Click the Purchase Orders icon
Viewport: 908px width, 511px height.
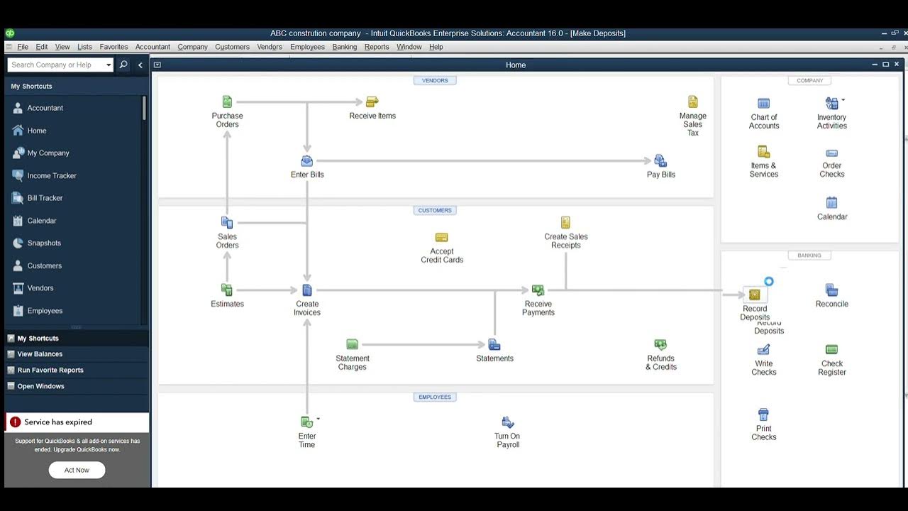(x=227, y=102)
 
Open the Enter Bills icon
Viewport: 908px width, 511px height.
(x=307, y=161)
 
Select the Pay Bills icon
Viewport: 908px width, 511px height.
(x=660, y=161)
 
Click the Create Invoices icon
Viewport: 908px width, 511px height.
(x=307, y=290)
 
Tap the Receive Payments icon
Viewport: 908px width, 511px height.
(x=538, y=290)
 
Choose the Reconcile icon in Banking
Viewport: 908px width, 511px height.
(x=831, y=290)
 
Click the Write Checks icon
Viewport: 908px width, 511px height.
(x=763, y=350)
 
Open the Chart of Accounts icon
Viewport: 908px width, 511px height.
(x=763, y=104)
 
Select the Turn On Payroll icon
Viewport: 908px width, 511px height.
(x=508, y=422)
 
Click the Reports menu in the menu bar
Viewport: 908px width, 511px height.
(x=377, y=47)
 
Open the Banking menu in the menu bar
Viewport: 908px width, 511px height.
(x=345, y=47)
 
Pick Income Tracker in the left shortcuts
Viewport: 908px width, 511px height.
(x=51, y=175)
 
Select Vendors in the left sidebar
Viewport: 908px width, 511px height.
(x=40, y=288)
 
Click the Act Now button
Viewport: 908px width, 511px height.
(x=77, y=470)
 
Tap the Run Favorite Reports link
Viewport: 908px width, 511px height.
(x=50, y=370)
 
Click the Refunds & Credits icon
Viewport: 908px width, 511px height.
(x=660, y=345)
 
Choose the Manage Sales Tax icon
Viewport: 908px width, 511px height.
(x=693, y=102)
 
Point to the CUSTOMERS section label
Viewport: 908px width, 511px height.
(x=435, y=210)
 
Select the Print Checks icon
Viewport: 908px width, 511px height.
(x=763, y=414)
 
